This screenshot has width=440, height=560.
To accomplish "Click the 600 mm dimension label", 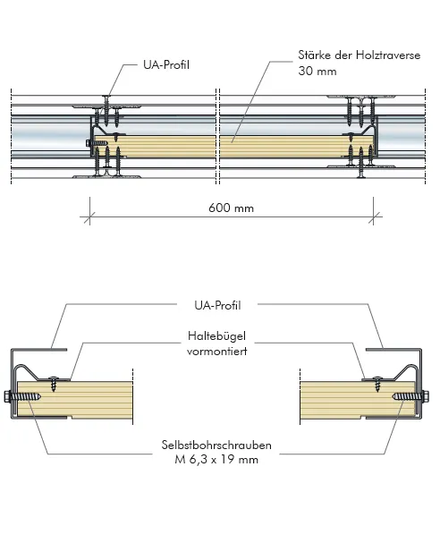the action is (231, 208).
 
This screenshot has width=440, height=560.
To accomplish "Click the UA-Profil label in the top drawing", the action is (166, 65).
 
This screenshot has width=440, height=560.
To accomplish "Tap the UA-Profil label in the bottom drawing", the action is (217, 305).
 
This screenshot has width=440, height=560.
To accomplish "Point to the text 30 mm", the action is (317, 71).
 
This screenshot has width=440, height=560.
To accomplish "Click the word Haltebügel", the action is (216, 336).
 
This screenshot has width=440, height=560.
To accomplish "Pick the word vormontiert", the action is (216, 351).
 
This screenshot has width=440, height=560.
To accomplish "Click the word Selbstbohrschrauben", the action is (216, 445).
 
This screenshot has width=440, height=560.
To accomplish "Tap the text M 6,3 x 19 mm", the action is (216, 460).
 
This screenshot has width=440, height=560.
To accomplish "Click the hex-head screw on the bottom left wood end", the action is (23, 397).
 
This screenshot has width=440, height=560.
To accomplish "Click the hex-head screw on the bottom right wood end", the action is (410, 396).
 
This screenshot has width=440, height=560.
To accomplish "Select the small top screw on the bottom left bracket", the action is (54, 383).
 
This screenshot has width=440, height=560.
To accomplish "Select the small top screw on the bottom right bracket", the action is (378, 383).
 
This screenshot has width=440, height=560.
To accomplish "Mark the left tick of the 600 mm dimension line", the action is (89, 216).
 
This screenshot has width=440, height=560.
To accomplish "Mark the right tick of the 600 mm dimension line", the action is (373, 216).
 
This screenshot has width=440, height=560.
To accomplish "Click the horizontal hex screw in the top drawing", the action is (97, 143).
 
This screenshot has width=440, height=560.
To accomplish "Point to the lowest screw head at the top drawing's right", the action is (361, 176).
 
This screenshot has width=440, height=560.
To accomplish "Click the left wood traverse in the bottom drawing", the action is (75, 399).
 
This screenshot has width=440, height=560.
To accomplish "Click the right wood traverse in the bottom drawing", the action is (358, 399).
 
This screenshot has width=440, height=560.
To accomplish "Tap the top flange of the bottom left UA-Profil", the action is (39, 349).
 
